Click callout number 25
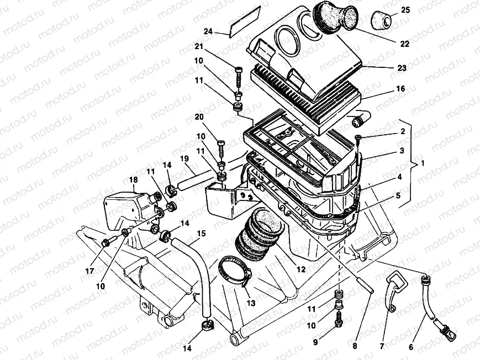click(x=405, y=10)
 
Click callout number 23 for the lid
click(x=402, y=68)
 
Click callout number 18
click(x=133, y=179)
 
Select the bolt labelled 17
click(x=108, y=242)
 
